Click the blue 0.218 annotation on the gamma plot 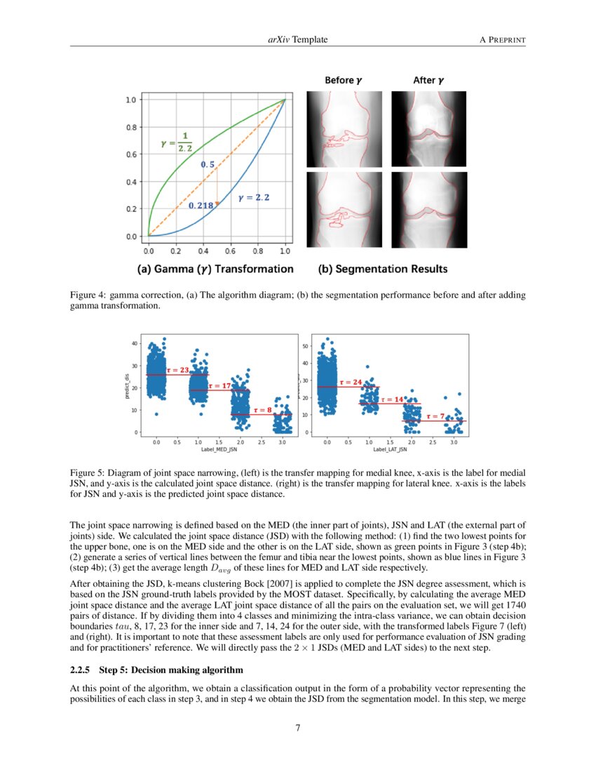(202, 206)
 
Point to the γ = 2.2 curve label (254, 198)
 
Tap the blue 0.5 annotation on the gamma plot (208, 164)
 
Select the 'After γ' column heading (428, 81)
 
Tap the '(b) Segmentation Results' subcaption (382, 269)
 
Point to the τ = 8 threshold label (262, 409)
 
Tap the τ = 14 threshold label (393, 399)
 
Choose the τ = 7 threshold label (435, 416)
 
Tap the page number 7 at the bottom (298, 728)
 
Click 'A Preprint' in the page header (502, 40)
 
